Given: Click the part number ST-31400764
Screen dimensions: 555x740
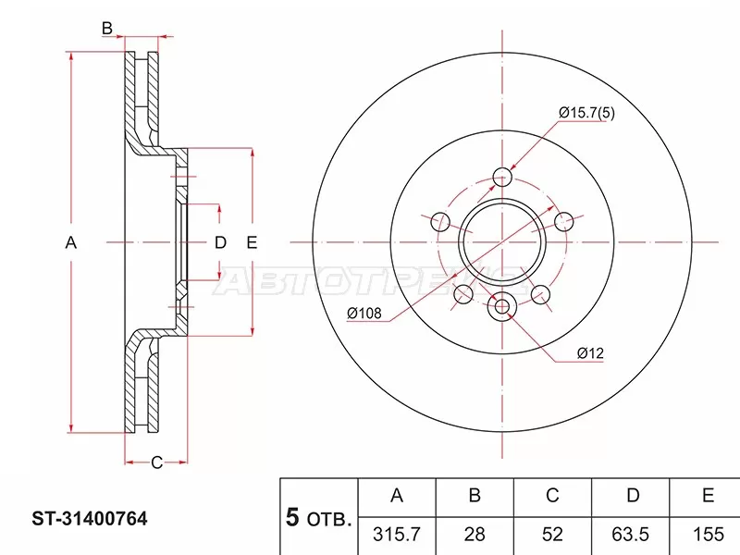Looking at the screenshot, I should pyautogui.click(x=78, y=520).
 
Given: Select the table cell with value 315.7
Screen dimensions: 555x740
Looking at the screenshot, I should pyautogui.click(x=397, y=535).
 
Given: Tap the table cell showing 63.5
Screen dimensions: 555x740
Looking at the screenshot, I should pyautogui.click(x=633, y=535).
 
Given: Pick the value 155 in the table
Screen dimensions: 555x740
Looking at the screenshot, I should pyautogui.click(x=708, y=535).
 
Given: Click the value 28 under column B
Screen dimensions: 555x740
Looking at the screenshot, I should pyautogui.click(x=475, y=535).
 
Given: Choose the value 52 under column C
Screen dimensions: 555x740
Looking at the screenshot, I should pyautogui.click(x=552, y=535).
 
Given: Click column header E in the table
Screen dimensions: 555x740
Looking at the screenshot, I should pyautogui.click(x=708, y=497).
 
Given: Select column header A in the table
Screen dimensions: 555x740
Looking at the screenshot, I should pyautogui.click(x=397, y=497).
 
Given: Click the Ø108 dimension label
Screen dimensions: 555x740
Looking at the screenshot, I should pyautogui.click(x=365, y=313).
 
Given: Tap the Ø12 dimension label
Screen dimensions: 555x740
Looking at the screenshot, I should pyautogui.click(x=590, y=353).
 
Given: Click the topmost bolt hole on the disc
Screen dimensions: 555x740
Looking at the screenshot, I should pyautogui.click(x=503, y=177).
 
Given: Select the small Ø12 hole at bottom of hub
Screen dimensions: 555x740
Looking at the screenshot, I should pyautogui.click(x=503, y=307).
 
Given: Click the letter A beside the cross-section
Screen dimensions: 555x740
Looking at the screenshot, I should pyautogui.click(x=70, y=243).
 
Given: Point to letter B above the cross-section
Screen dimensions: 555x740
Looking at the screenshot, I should pyautogui.click(x=107, y=30).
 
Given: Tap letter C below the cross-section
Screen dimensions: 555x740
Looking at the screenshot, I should pyautogui.click(x=156, y=462).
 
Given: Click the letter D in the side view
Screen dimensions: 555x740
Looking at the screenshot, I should pyautogui.click(x=220, y=243).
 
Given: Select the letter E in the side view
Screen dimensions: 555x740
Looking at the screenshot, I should pyautogui.click(x=252, y=243).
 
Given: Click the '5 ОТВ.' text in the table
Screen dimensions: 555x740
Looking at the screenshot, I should pyautogui.click(x=317, y=519).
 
